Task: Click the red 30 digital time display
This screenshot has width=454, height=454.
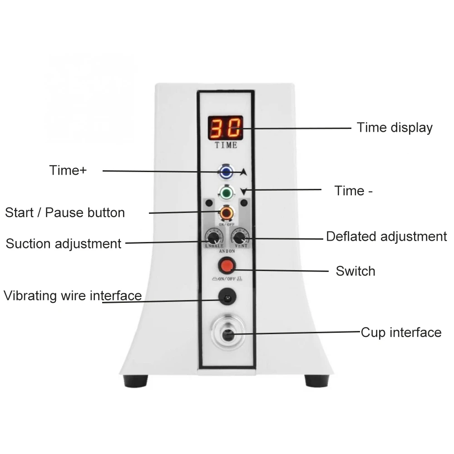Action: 226,128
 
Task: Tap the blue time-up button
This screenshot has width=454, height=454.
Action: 226,172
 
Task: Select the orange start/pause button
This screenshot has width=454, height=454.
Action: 226,212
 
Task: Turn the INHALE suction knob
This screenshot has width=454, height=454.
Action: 212,237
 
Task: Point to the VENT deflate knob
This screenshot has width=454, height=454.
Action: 239,237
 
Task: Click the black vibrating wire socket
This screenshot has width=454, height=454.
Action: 226,297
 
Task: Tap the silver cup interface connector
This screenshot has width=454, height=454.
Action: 226,334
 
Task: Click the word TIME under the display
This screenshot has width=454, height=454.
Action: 226,146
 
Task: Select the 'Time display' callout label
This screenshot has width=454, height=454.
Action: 394,128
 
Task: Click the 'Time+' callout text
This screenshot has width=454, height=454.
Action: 68,171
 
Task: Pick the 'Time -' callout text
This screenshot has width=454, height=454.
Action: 354,191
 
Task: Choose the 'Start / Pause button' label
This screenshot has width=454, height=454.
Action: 65,212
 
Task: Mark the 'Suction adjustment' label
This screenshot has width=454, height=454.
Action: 64,244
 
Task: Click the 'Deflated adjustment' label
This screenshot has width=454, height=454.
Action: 386,237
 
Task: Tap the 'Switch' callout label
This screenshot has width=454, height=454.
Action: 355,271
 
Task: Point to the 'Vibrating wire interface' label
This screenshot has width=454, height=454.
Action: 73,296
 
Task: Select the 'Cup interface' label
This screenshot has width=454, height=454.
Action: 401,332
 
